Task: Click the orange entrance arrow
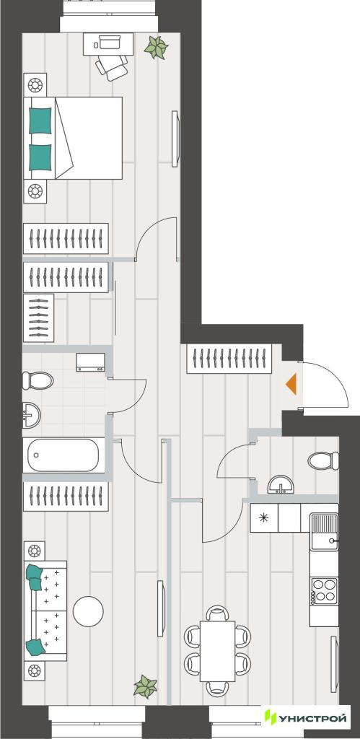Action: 291,383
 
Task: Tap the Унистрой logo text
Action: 312,718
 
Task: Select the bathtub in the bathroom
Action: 63,455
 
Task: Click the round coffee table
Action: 88,611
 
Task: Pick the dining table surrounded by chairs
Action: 217,651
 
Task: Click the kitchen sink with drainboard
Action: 324,532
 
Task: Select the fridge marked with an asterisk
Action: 264,518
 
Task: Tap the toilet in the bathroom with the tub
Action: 38,380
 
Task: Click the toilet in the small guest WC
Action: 324,460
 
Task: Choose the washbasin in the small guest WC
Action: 281,484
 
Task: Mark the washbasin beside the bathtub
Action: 32,416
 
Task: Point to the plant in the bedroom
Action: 157,47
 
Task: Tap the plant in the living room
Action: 146,686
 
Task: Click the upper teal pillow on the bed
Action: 40,121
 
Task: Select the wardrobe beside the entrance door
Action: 229,359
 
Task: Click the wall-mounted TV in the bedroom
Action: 175,139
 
